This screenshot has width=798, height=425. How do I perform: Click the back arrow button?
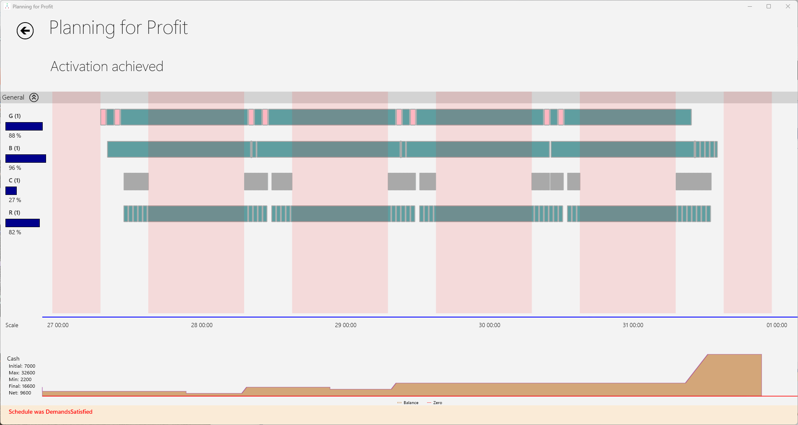pyautogui.click(x=25, y=31)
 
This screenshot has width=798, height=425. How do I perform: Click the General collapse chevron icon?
pyautogui.click(x=34, y=97)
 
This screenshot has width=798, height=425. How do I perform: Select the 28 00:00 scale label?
pyautogui.click(x=201, y=325)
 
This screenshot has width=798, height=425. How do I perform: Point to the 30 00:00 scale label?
pyautogui.click(x=489, y=325)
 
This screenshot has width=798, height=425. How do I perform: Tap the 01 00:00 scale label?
pyautogui.click(x=777, y=325)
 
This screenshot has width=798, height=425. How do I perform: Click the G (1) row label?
pyautogui.click(x=15, y=116)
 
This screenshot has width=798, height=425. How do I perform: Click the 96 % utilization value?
pyautogui.click(x=15, y=168)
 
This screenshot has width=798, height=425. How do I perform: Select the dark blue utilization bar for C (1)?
pyautogui.click(x=11, y=191)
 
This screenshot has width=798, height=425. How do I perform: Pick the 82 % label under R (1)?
pyautogui.click(x=15, y=232)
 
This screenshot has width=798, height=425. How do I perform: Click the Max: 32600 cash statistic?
pyautogui.click(x=22, y=373)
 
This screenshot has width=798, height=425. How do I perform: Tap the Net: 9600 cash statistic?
pyautogui.click(x=20, y=393)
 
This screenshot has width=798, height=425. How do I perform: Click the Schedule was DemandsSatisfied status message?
pyautogui.click(x=51, y=412)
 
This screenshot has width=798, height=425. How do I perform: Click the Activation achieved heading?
pyautogui.click(x=107, y=67)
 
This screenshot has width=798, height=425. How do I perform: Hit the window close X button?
pyautogui.click(x=788, y=6)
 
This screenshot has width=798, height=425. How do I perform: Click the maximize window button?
pyautogui.click(x=768, y=6)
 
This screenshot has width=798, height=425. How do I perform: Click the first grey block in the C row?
pyautogui.click(x=136, y=182)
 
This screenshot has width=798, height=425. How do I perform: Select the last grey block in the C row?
pyautogui.click(x=693, y=182)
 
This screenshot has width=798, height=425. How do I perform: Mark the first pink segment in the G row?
pyautogui.click(x=103, y=117)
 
